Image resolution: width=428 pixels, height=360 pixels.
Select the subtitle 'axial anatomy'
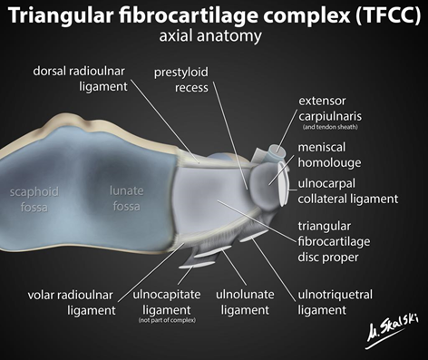click(x=213, y=38)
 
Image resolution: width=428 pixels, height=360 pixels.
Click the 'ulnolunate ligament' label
click(x=246, y=302)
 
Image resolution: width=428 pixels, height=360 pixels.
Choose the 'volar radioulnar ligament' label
click(x=72, y=302)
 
